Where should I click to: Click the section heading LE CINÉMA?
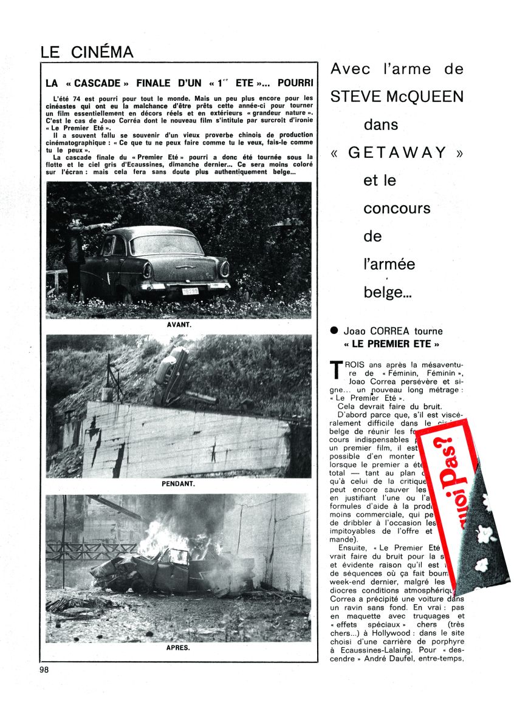pyautogui.click(x=87, y=52)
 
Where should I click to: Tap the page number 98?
pyautogui.click(x=45, y=670)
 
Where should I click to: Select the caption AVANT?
pyautogui.click(x=179, y=324)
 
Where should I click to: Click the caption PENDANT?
pyautogui.click(x=179, y=485)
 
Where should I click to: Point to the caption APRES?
pyautogui.click(x=178, y=648)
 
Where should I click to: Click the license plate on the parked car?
pyautogui.click(x=190, y=291)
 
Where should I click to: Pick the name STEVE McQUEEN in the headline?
pyautogui.click(x=397, y=97)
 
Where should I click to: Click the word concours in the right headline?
pyautogui.click(x=397, y=208)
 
